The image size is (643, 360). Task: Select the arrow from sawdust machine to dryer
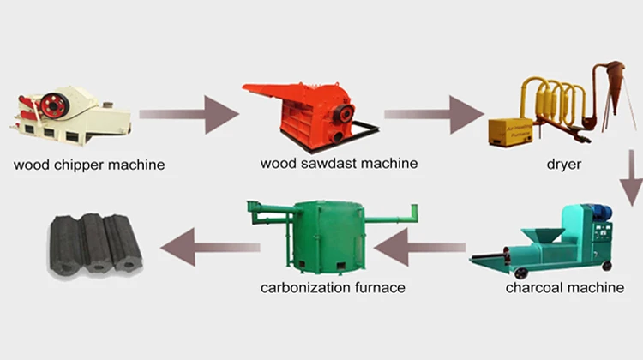pos(432,114)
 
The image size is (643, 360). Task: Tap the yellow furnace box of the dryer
pos(511,131)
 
